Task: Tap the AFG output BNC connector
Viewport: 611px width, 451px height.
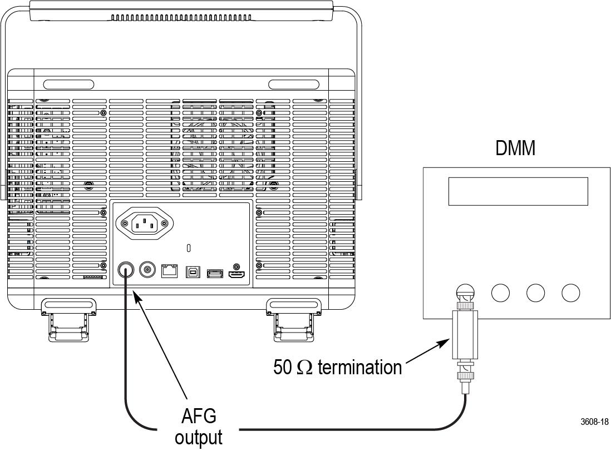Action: click(126, 271)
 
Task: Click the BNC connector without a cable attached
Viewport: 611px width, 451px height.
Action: click(147, 271)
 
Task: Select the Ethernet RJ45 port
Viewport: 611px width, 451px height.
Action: click(169, 271)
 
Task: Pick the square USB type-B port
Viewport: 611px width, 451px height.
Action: click(191, 272)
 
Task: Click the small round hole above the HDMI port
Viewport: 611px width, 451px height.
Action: click(238, 266)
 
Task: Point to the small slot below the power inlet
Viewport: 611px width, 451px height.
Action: click(189, 247)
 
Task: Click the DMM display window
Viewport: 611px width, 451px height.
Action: click(518, 191)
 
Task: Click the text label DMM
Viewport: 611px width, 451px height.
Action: click(515, 148)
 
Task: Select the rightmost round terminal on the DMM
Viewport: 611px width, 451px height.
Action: click(570, 293)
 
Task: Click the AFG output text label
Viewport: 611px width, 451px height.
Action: click(199, 426)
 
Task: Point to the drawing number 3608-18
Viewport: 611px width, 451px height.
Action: click(594, 422)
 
